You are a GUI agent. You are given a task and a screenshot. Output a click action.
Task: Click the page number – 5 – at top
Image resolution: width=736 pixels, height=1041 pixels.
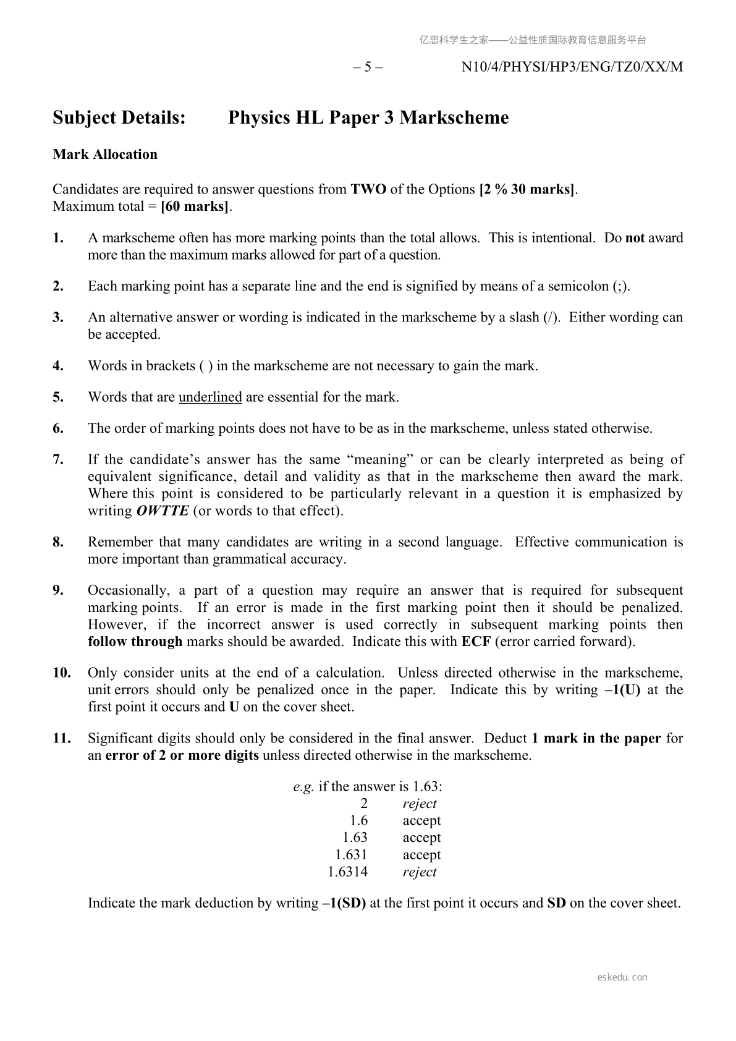pos(368,67)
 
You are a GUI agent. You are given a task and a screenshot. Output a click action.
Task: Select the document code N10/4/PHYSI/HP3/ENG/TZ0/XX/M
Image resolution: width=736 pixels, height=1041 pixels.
pos(572,67)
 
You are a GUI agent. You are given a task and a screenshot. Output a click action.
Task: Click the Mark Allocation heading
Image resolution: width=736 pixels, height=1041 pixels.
pos(105,155)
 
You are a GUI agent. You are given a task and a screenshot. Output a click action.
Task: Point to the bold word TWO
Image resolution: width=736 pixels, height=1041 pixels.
pos(368,189)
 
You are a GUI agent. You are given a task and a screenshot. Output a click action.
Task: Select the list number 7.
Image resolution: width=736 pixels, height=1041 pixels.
pos(58,459)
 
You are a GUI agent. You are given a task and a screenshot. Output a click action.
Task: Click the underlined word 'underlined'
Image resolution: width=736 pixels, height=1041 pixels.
pos(210,397)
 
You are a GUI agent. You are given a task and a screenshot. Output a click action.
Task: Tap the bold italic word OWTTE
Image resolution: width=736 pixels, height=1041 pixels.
pos(163,511)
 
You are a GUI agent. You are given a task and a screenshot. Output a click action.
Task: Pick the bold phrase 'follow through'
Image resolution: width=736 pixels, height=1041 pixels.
pos(135,642)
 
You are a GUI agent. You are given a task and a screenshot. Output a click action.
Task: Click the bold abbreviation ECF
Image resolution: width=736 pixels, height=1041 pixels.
pos(476,642)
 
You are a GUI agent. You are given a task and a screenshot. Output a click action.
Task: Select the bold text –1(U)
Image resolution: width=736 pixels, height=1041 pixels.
pos(622,690)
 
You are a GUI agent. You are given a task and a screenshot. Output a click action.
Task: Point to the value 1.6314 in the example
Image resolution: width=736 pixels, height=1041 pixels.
pos(347,872)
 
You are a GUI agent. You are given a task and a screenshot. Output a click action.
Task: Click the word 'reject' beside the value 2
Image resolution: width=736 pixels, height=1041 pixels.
pos(420,804)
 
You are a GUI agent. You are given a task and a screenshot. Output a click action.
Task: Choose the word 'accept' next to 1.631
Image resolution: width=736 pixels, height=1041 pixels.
pos(421,855)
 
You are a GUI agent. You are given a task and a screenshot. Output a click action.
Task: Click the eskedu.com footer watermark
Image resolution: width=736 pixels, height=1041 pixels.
pos(622,977)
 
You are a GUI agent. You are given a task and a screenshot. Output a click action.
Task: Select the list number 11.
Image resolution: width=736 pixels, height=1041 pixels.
pos(62,738)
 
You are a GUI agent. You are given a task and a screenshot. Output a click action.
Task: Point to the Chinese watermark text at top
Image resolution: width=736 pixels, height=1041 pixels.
pos(533,40)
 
